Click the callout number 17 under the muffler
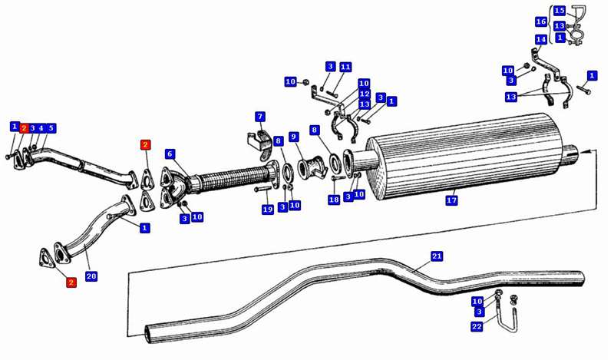click(451, 201)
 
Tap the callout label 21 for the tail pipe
click(437, 256)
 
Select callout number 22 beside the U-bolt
click(477, 327)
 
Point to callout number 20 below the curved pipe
click(91, 276)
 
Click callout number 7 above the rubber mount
click(260, 117)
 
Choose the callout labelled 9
click(294, 137)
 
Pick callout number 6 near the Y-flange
click(170, 154)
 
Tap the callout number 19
click(267, 210)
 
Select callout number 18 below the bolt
click(333, 200)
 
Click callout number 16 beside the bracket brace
click(540, 23)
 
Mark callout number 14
click(540, 39)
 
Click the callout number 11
click(345, 68)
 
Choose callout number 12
click(364, 93)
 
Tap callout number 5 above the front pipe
click(51, 127)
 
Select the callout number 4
click(41, 127)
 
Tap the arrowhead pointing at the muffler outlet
click(580, 154)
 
